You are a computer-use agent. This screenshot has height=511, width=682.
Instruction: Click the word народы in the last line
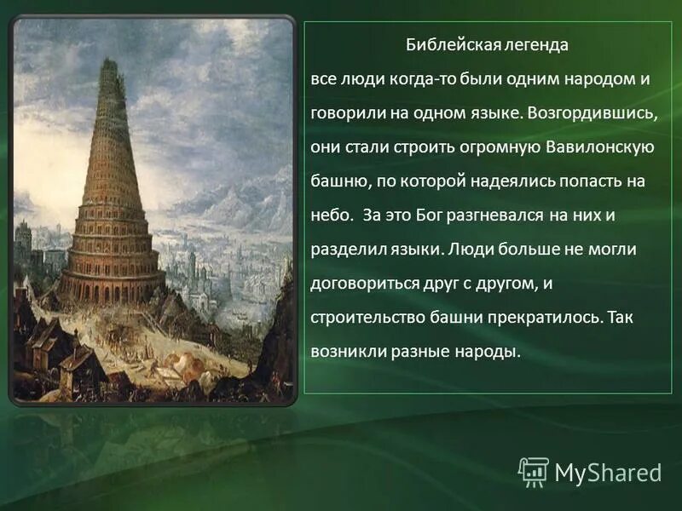[x=486, y=351]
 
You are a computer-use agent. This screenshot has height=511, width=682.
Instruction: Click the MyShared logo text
[x=608, y=472]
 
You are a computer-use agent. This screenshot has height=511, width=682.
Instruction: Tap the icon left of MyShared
[x=534, y=471]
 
